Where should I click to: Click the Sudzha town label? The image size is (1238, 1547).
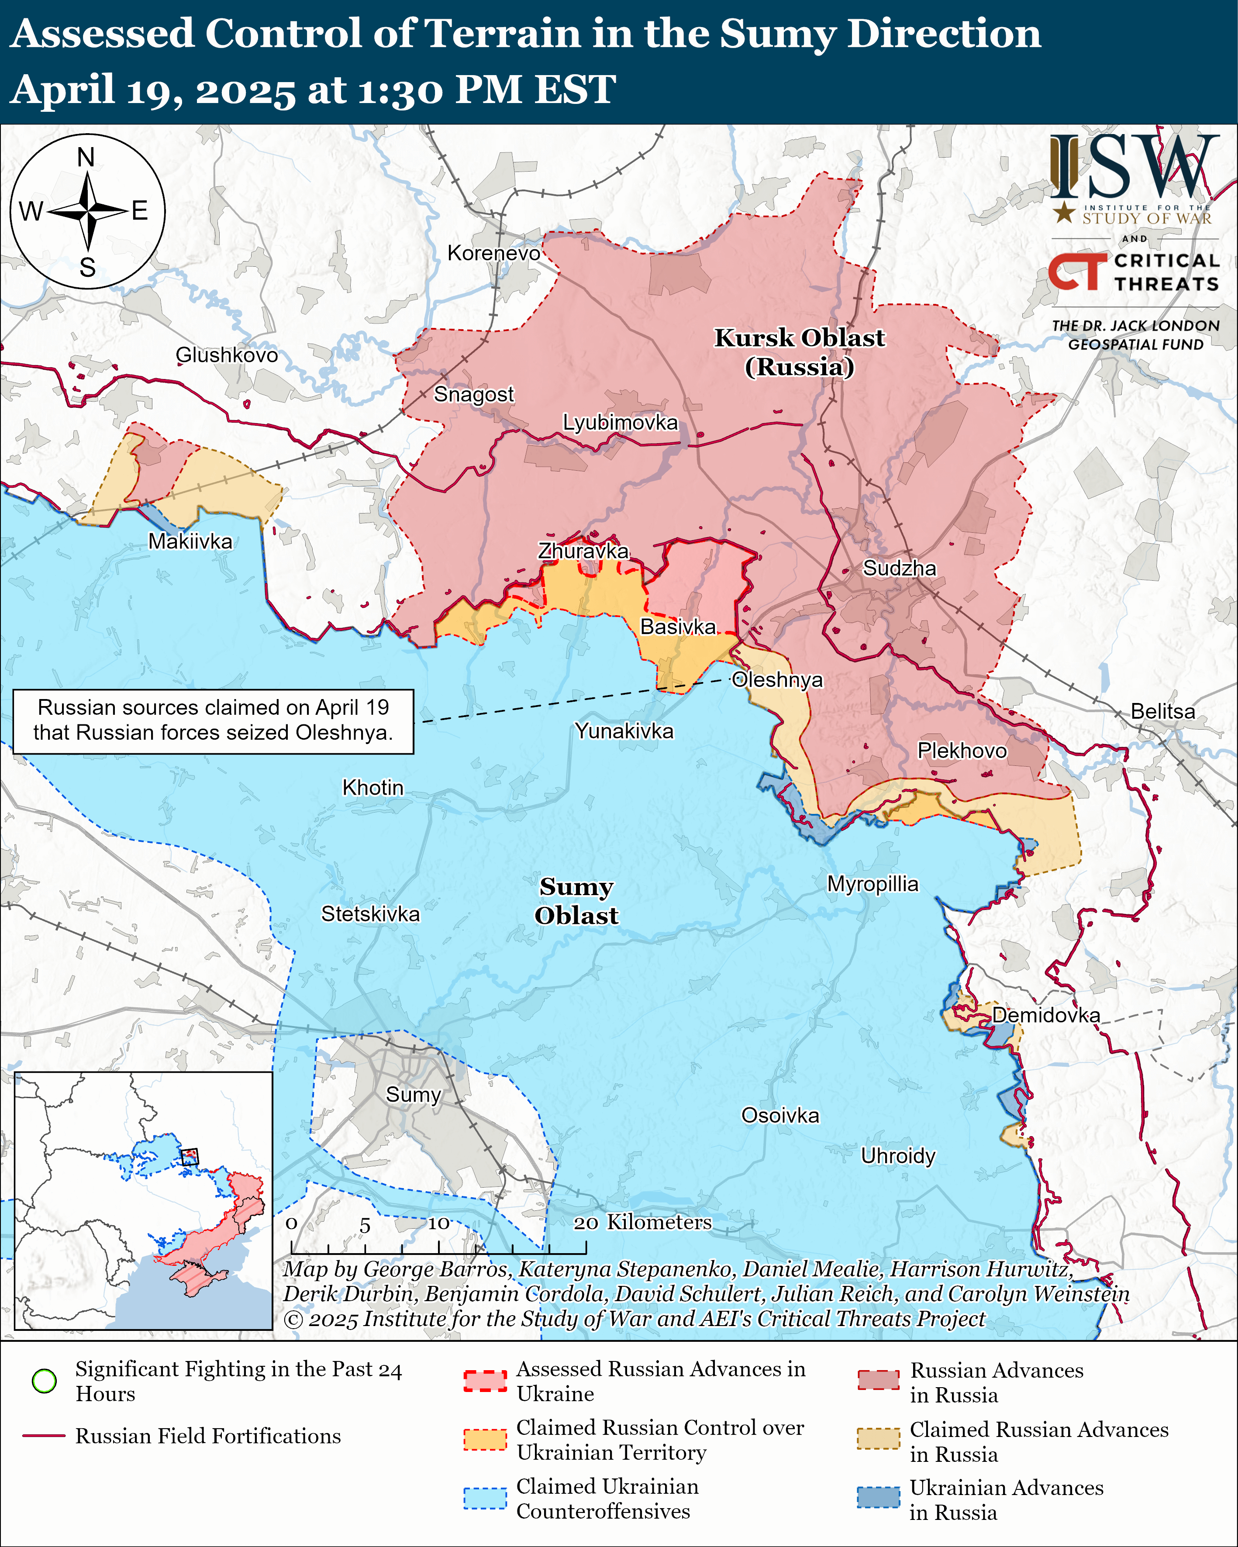899,568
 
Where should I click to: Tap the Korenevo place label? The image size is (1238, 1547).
494,253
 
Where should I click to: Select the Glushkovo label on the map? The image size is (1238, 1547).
227,355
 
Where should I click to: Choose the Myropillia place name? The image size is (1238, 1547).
872,884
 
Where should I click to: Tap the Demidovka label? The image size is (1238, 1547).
1046,1015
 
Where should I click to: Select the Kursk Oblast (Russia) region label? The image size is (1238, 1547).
800,351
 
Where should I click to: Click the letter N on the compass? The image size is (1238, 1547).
86,157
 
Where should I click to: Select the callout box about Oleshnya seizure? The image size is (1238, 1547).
213,721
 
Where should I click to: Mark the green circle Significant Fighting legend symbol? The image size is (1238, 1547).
45,1381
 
